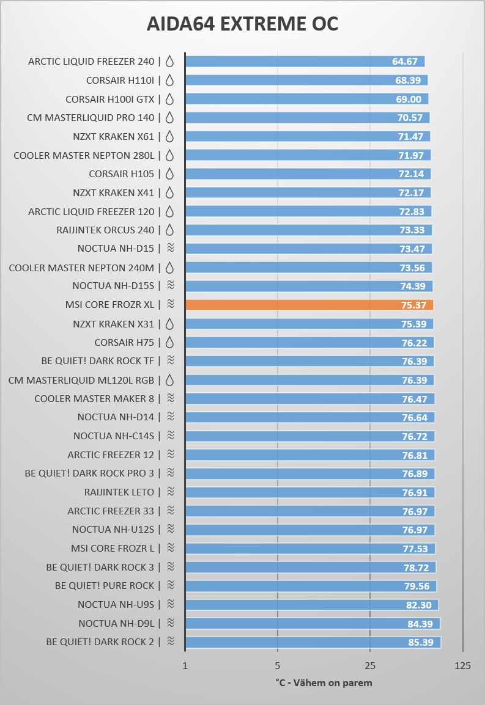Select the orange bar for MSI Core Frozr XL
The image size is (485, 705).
[309, 305]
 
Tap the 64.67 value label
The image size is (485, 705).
[405, 62]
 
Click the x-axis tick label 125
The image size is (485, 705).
[463, 665]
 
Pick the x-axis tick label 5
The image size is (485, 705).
[278, 665]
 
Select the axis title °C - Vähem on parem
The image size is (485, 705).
[324, 682]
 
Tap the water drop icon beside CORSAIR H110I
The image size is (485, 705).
[170, 80]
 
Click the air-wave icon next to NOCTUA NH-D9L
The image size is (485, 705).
[171, 623]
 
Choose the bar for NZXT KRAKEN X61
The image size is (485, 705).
[308, 136]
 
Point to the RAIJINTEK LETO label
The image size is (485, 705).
[119, 492]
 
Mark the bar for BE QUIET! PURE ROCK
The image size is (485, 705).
[311, 586]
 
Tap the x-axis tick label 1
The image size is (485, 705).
[185, 665]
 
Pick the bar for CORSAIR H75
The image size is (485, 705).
[309, 343]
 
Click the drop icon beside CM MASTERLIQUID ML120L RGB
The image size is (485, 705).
[170, 380]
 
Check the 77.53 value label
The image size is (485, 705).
[415, 549]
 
